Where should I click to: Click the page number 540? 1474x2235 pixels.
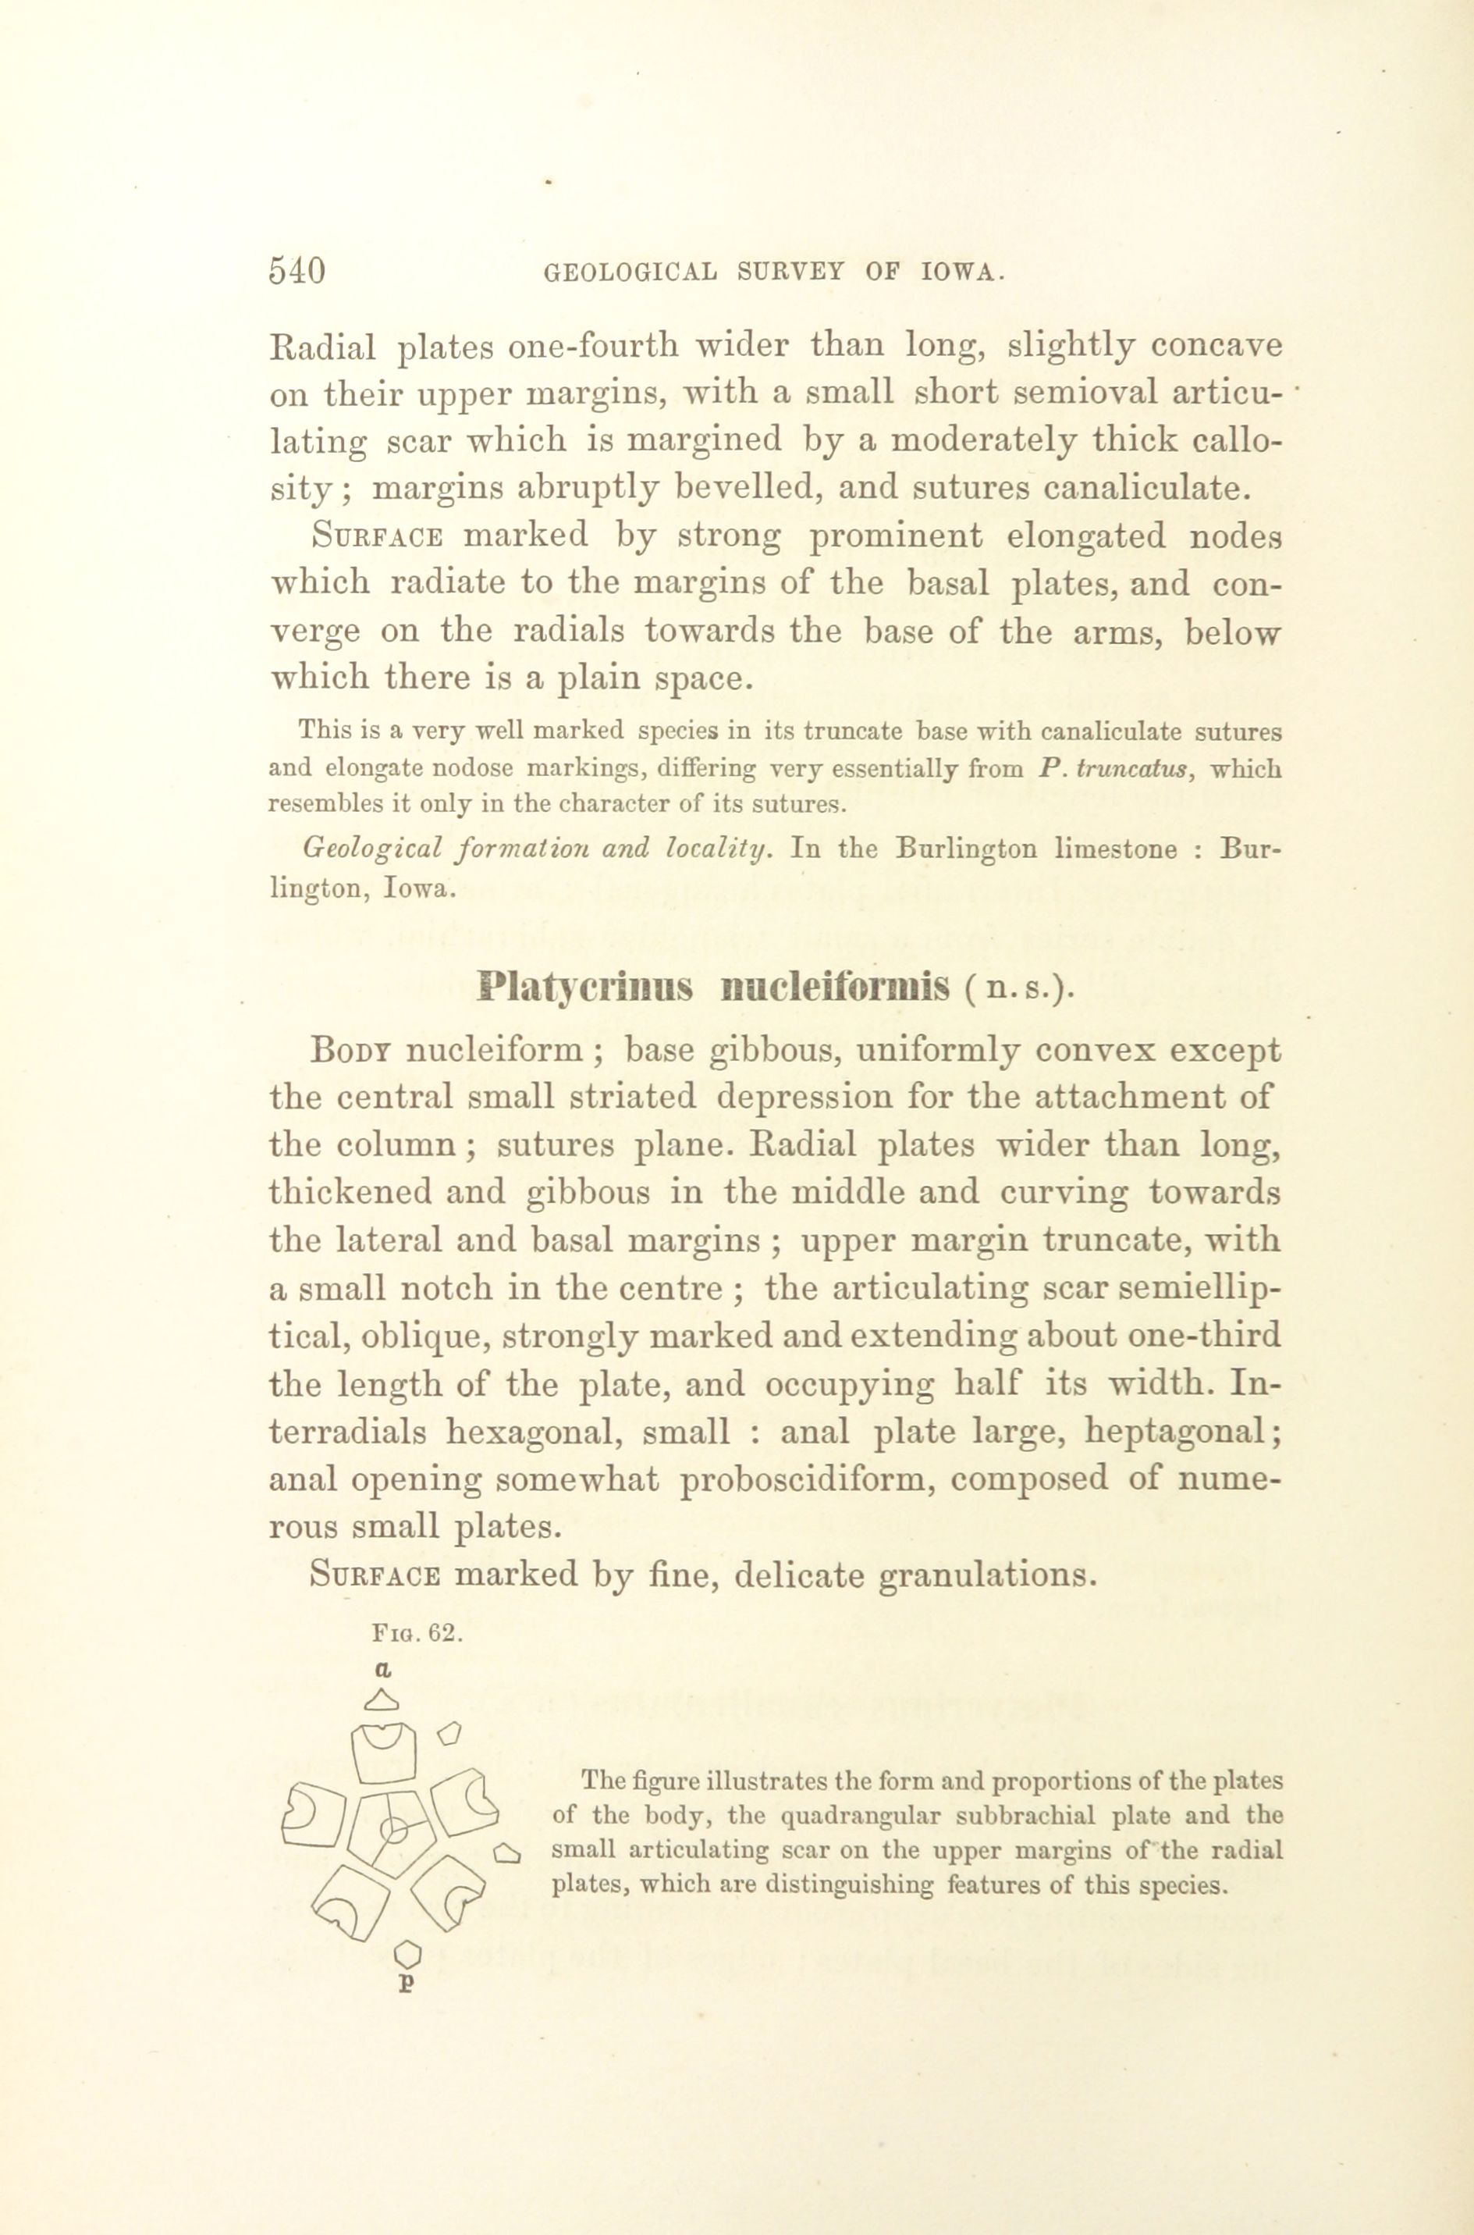[x=297, y=271]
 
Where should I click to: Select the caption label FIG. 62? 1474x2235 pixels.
[x=414, y=1633]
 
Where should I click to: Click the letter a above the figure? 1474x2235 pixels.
[x=382, y=1671]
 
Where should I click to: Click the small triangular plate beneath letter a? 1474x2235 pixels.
[x=382, y=1700]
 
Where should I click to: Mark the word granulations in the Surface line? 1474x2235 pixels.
[x=986, y=1575]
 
